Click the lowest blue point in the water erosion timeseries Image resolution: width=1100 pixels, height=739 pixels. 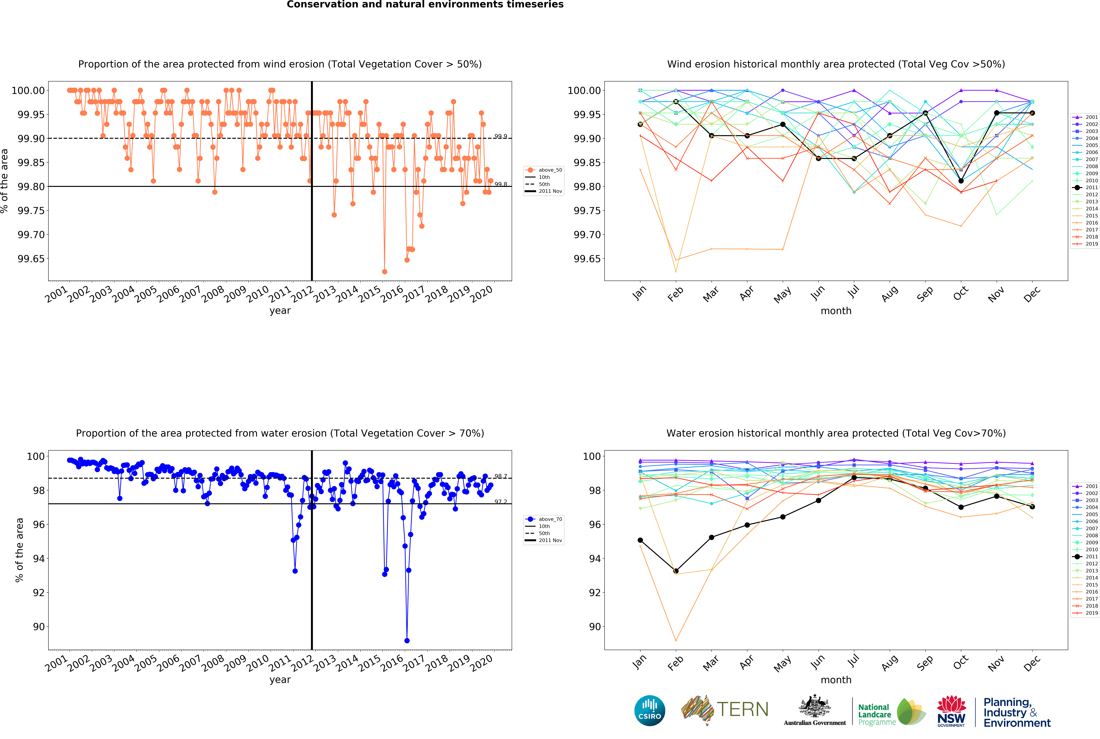point(407,641)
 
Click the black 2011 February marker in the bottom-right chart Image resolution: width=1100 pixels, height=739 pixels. point(676,571)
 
